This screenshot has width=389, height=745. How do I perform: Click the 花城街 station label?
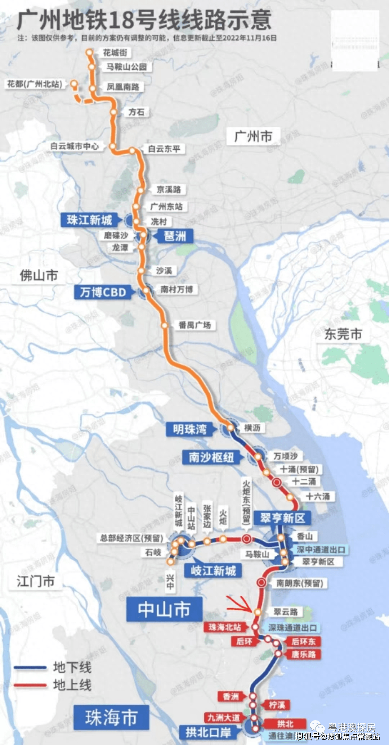[x=115, y=53]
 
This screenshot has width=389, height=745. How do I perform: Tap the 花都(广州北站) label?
[x=35, y=84]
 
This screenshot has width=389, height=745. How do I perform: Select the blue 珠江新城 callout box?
[x=90, y=220]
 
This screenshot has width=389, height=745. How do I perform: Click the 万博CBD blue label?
[x=103, y=292]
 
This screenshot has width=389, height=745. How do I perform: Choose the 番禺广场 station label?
[x=195, y=325]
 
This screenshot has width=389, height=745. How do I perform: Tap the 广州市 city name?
[x=253, y=137]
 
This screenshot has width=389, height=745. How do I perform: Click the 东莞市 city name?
[x=343, y=334]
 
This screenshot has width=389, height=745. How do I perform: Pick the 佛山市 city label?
[x=39, y=276]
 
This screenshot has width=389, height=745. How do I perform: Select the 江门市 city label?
[x=36, y=581]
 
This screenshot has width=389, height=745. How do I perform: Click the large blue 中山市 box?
[x=164, y=609]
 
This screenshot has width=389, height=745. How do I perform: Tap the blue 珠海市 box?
[x=111, y=718]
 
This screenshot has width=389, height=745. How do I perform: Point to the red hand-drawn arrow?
[x=240, y=603]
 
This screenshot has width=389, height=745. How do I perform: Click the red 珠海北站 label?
[x=225, y=627]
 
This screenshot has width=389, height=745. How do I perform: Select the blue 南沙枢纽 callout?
[x=211, y=457]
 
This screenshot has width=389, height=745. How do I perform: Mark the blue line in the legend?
[x=31, y=668]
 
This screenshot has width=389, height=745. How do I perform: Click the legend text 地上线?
[x=72, y=685]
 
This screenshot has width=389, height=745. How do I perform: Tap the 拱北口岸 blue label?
[x=208, y=732]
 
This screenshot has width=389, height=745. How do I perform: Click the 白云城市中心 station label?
[x=75, y=146]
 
